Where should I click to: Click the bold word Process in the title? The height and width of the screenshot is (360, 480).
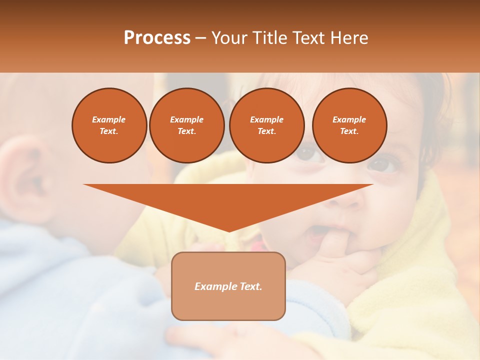(157, 38)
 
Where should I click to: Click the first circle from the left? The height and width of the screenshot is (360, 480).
(109, 125)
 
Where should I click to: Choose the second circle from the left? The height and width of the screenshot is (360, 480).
(186, 125)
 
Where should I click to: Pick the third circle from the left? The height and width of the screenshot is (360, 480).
(266, 125)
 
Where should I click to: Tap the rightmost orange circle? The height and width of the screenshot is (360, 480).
(349, 125)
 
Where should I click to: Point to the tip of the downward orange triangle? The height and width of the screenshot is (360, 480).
(228, 230)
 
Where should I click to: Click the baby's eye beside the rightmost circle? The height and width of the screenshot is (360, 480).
(384, 165)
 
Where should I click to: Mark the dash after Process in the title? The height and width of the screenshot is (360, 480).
(201, 38)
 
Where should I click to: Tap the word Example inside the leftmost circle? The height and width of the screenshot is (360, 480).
(109, 119)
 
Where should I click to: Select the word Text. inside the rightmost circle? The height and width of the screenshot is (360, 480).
(349, 131)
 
